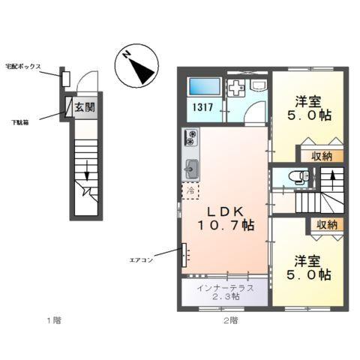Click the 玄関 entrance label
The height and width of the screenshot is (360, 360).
coord(84,107)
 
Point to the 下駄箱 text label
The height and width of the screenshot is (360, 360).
coord(20,121)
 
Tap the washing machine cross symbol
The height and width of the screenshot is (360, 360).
coord(235,88)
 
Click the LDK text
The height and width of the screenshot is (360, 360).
coord(223,209)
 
